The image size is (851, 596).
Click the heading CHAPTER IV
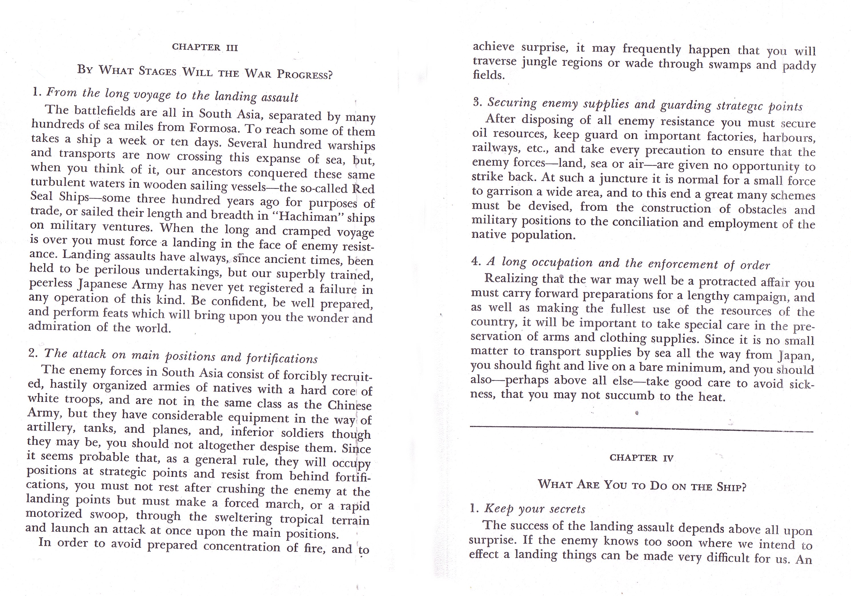coord(641,458)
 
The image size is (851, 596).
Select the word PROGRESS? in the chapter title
coord(305,75)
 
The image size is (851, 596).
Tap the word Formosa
coord(213,128)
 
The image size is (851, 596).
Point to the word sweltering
coord(243,517)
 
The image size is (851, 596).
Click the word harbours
coord(789,138)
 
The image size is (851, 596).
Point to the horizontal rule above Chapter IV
coord(641,430)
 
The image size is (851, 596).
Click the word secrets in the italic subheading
coord(567,509)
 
